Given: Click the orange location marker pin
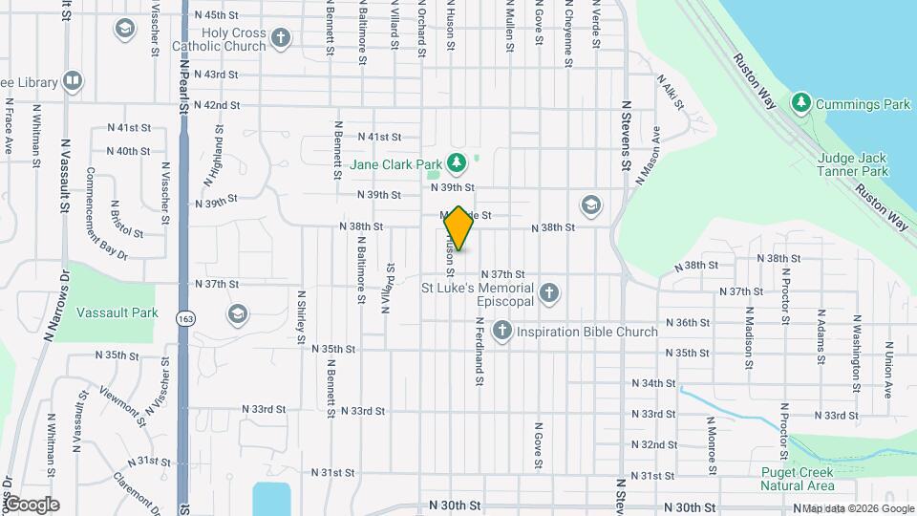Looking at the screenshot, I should click(x=459, y=227).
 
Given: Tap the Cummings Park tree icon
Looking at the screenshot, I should click(x=800, y=101).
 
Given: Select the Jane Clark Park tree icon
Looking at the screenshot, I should click(x=457, y=163).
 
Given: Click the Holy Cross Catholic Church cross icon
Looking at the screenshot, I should click(x=280, y=37).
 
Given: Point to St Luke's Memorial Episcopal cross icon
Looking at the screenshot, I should click(x=548, y=292).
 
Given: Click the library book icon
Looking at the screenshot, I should click(x=73, y=80).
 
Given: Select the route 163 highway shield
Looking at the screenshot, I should click(x=184, y=318).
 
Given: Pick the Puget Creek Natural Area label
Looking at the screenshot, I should click(x=798, y=479).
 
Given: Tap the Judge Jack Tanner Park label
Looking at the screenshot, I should click(x=853, y=164).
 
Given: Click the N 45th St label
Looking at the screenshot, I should click(x=215, y=15).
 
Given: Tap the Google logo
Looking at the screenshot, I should click(x=31, y=504).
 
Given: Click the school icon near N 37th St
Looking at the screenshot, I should click(x=237, y=313).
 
